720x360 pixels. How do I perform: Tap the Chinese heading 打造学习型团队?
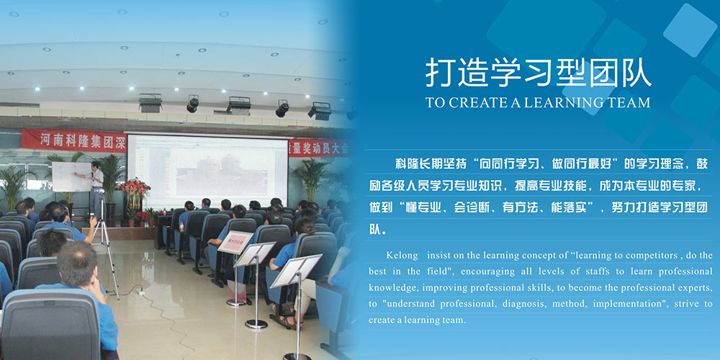click(538, 73)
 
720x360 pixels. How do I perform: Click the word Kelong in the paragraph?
click(402, 256)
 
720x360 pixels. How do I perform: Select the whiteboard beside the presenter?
click(71, 177)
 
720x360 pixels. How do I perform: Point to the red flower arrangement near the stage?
click(133, 189)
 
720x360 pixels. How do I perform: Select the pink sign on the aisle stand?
click(235, 243)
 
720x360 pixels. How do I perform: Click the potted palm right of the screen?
click(311, 177)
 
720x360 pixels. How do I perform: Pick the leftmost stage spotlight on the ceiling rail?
click(150, 103)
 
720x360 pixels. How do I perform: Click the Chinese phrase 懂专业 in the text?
click(415, 207)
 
